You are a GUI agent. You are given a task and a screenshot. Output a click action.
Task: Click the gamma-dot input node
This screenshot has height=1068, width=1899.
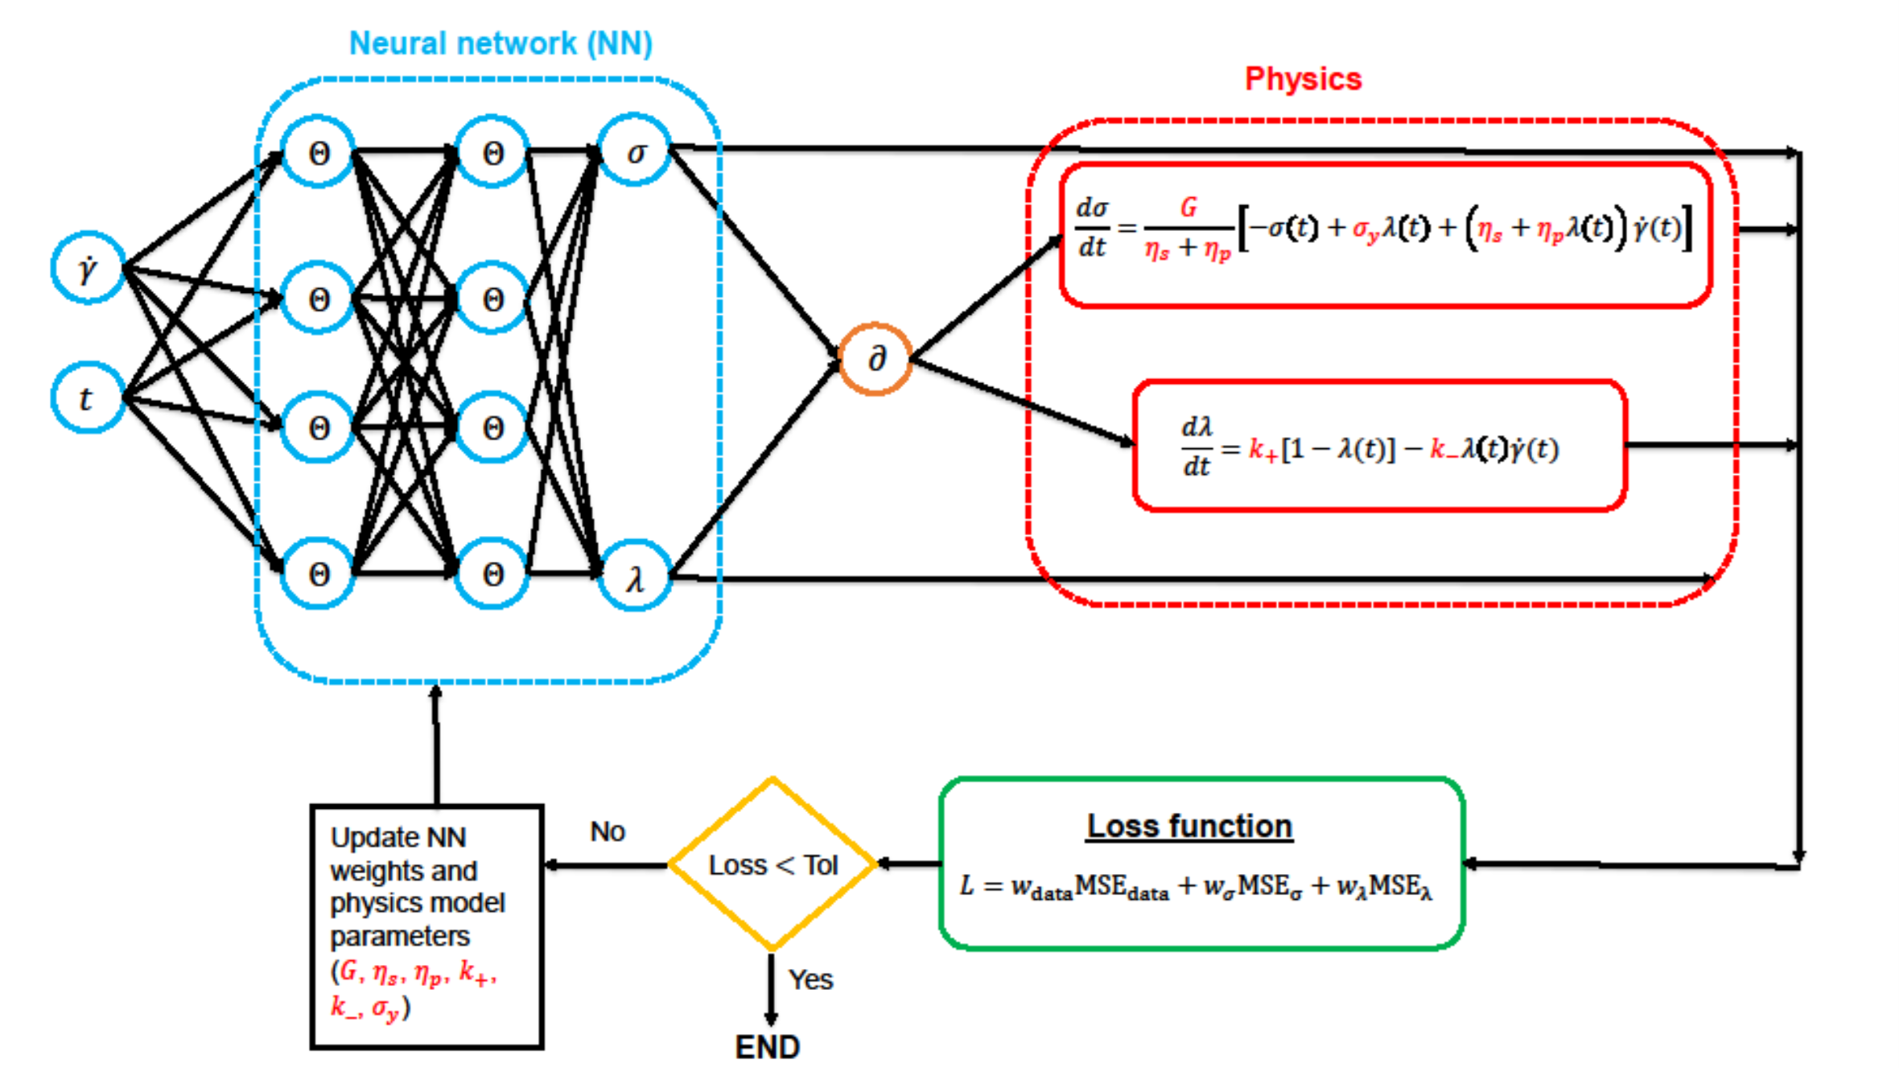coord(88,268)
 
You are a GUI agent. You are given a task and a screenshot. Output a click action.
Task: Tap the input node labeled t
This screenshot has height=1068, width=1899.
coord(88,398)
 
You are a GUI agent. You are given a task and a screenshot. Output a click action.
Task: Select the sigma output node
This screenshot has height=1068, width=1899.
coord(635,151)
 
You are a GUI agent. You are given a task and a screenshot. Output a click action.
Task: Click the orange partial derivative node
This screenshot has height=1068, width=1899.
coord(875,359)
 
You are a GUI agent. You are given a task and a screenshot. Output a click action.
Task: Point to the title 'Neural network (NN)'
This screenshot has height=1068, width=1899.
coord(500,43)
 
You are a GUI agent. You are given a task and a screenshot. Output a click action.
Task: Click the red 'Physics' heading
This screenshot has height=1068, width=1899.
coord(1303,79)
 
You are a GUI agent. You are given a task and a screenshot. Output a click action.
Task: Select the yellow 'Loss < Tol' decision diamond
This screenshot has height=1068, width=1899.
coord(772,864)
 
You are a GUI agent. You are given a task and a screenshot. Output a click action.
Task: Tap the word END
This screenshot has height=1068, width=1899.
coord(767,1047)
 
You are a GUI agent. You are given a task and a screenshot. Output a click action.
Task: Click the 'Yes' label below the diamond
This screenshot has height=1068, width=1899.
coord(810,979)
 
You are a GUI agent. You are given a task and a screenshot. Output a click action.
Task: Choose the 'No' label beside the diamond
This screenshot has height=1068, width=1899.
coord(608,831)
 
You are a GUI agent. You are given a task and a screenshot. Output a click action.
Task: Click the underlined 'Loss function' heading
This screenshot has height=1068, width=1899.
coord(1189,827)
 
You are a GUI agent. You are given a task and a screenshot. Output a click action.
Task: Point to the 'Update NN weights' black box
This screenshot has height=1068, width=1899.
coord(427,926)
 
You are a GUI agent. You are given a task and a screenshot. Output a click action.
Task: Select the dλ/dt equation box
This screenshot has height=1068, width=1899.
coord(1379,446)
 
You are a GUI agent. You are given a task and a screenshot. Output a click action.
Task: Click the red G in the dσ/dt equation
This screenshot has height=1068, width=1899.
coord(1188,208)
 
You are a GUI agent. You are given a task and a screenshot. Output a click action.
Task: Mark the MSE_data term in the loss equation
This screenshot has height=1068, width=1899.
coord(1122,887)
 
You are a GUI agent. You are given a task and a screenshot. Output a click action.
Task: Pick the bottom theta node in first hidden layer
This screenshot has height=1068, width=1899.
coord(319,574)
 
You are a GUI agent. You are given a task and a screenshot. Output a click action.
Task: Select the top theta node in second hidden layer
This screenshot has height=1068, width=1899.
coord(492,152)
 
